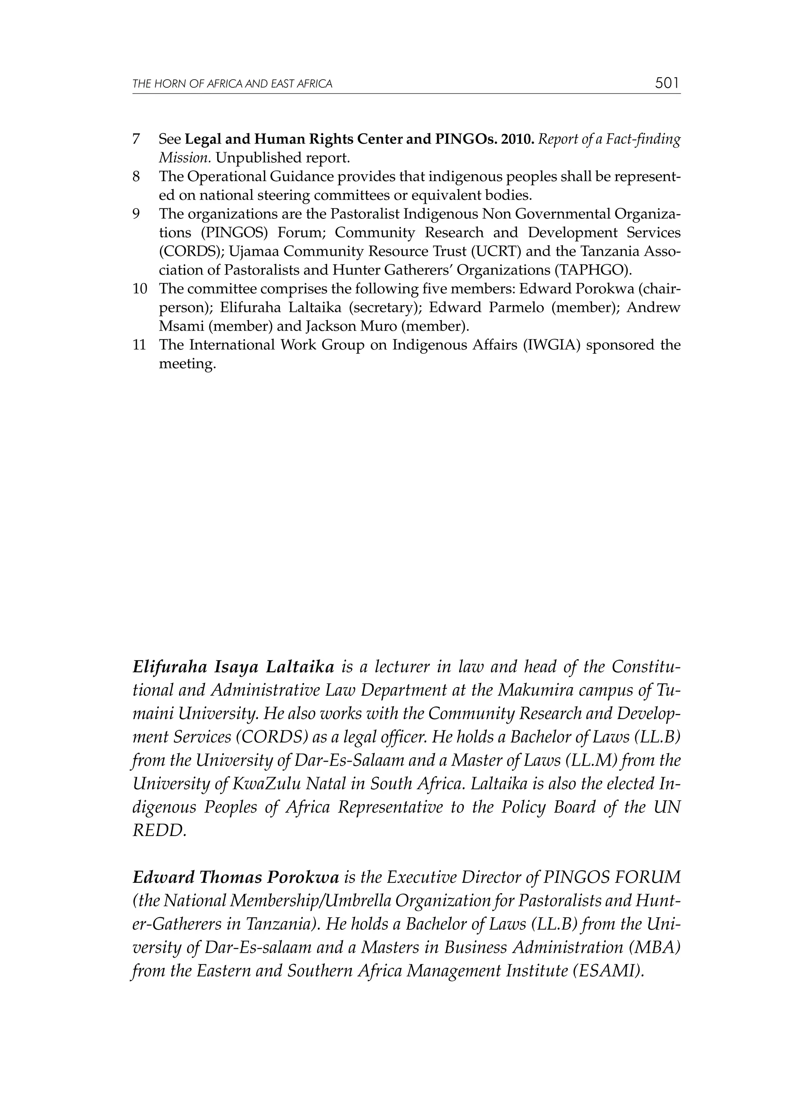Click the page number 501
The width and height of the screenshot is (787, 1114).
tap(667, 83)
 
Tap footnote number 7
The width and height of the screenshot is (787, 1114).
tap(136, 139)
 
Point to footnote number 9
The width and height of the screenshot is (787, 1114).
tap(136, 214)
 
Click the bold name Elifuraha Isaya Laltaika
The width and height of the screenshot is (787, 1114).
tap(233, 668)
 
